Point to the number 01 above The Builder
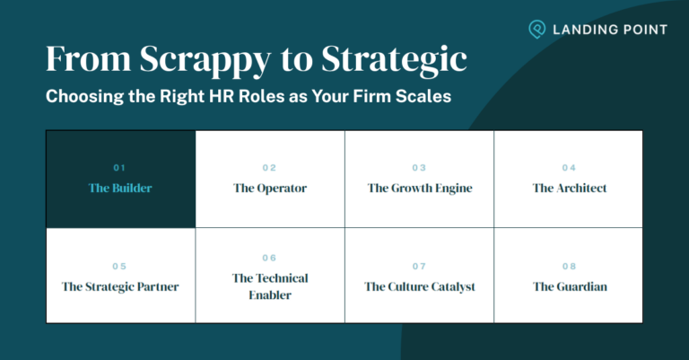pos(120,168)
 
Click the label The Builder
pos(120,189)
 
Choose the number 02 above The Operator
pos(269,168)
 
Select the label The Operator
pos(269,189)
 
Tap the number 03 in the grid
pos(419,168)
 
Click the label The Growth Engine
pos(419,189)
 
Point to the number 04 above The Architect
pos(569,168)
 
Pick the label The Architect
pos(569,189)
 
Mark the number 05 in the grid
pos(120,266)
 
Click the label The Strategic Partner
pos(120,287)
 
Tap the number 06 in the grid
pos(269,258)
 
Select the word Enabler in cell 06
pos(269,295)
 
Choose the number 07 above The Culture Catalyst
pos(419,266)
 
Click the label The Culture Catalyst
pos(419,287)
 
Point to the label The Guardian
pos(569,287)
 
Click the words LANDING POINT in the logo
pos(611,30)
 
